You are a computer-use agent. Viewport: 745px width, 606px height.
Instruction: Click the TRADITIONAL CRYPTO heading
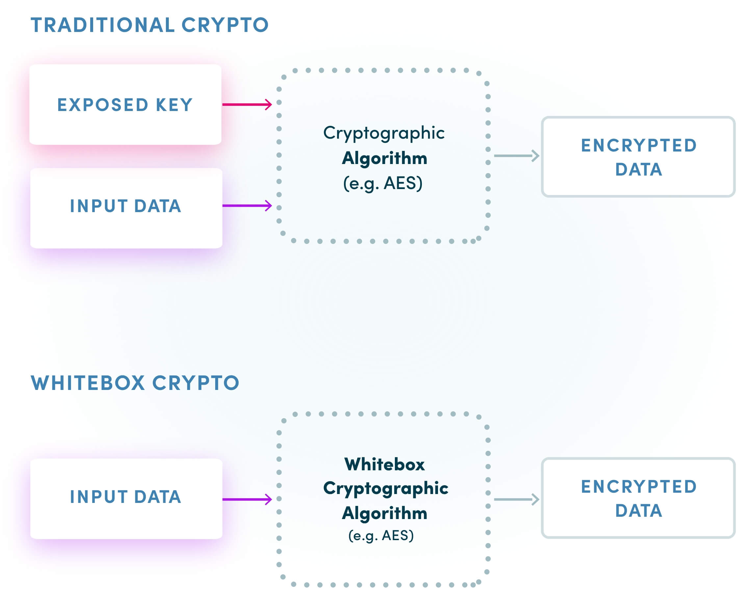pos(149,25)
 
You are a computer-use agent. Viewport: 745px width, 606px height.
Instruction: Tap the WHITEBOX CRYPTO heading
pos(135,383)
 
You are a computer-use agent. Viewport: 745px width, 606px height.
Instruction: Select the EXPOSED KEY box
pos(125,104)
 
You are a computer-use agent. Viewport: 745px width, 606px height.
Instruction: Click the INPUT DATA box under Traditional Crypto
pos(126,208)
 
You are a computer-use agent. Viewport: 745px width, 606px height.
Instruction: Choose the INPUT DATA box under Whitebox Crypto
pos(126,499)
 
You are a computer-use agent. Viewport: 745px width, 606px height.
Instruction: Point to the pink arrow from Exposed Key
pos(246,104)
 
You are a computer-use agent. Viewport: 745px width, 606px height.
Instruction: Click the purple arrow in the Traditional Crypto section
pos(246,205)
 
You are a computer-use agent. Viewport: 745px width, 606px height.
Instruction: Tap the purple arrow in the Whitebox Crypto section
pos(246,499)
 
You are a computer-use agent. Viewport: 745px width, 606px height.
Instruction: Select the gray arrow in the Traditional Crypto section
pos(516,156)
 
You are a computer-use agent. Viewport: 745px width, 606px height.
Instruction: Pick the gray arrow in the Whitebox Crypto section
pos(516,499)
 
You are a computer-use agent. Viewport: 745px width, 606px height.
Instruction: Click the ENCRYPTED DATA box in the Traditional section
pos(638,157)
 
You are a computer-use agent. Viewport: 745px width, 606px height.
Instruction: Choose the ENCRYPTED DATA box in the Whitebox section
pos(638,498)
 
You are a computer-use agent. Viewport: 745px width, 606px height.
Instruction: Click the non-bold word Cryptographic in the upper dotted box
pos(384,133)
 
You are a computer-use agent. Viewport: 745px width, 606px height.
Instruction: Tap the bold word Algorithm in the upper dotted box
pos(384,158)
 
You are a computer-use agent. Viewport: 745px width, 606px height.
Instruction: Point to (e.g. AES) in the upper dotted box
pos(383,183)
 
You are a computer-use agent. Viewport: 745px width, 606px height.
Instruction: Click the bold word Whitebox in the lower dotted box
pos(384,464)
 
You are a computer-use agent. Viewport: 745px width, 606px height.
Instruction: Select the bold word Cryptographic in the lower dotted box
pos(385,488)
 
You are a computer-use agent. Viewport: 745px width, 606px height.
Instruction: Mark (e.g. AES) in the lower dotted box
pos(381,536)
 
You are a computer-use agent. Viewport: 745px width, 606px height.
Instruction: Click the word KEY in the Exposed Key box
pos(174,105)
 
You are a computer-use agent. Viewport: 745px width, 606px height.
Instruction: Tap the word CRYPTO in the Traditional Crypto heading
pos(225,25)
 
